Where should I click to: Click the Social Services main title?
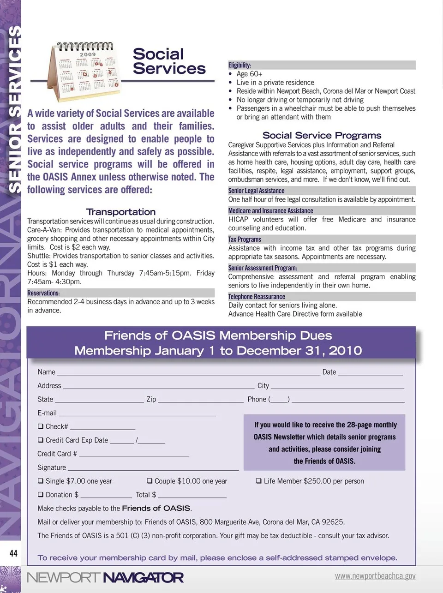point(169,61)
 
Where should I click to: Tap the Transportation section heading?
point(121,212)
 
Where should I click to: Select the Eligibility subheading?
point(240,65)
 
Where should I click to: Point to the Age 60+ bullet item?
point(249,74)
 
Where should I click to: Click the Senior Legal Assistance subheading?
point(256,191)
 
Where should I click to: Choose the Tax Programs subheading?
point(245,239)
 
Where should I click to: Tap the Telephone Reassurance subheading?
point(257,296)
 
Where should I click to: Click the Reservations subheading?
point(43,293)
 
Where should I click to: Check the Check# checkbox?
point(41,426)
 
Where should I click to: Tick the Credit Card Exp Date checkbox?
point(41,440)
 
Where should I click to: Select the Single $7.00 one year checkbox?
point(41,481)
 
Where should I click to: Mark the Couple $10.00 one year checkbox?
point(150,481)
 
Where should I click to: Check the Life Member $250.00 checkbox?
point(259,481)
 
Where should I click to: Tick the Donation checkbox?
point(41,495)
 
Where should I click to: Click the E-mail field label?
point(47,413)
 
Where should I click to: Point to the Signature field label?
point(52,467)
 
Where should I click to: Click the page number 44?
point(13,553)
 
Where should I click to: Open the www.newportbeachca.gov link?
point(375,576)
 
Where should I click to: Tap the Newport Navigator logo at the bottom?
point(105,577)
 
